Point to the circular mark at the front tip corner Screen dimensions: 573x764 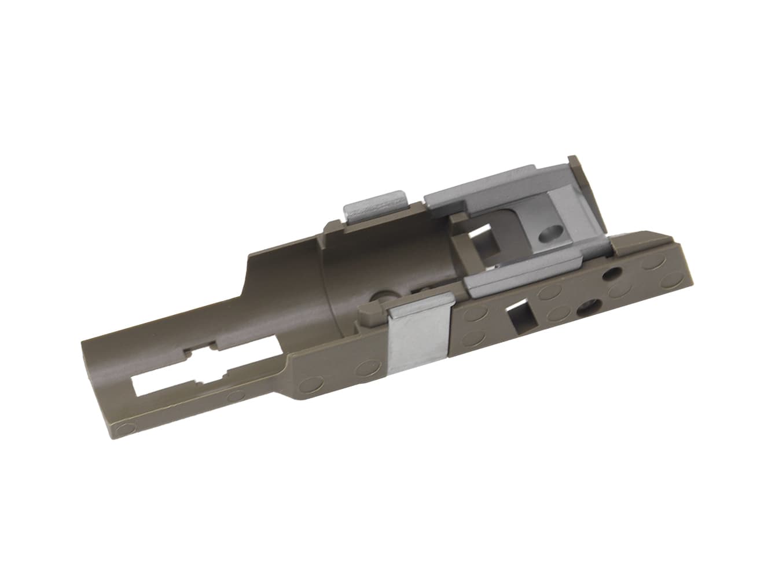coord(122,429)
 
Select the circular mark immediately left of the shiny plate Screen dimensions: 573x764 coord(366,366)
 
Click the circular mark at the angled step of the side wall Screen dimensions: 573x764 coord(309,383)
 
